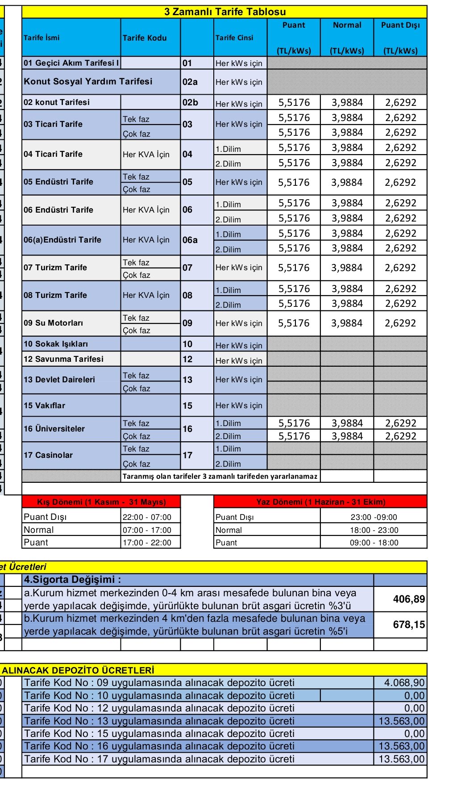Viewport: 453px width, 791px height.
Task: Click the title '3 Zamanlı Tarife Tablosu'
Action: pos(225,12)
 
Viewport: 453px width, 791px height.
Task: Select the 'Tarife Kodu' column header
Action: pos(145,38)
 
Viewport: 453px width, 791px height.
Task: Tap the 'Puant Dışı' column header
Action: pos(400,25)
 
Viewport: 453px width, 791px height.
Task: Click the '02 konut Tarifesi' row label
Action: pos(57,102)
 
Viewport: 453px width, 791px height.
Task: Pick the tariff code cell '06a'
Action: pos(190,240)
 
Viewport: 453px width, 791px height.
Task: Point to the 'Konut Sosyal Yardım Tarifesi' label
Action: pos(88,81)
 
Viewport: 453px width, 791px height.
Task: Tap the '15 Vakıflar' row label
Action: pos(45,406)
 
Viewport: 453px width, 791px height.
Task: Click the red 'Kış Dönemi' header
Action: pos(101,502)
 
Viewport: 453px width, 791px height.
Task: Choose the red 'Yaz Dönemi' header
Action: pos(320,502)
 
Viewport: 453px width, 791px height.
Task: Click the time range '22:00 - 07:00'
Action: pos(147,517)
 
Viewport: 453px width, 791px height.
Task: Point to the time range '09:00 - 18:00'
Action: pos(374,543)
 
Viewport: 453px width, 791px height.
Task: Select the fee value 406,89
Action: pos(409,599)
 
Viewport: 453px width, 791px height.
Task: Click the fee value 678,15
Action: pos(409,624)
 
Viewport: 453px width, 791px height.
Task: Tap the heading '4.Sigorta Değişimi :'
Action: pos(73,580)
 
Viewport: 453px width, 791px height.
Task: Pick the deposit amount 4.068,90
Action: pos(404,682)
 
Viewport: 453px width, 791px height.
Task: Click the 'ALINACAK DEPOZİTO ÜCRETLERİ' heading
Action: pos(78,670)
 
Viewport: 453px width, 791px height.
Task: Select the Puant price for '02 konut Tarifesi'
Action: pos(294,103)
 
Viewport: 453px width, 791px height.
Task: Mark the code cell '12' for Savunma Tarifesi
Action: pos(188,359)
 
